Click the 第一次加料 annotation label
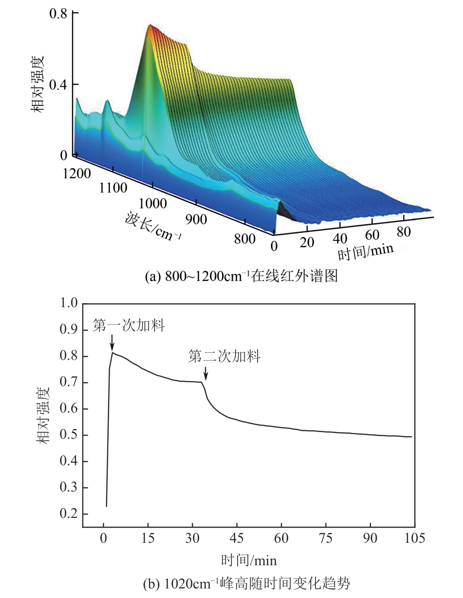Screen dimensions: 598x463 [x=129, y=325]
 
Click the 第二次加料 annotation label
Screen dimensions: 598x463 [x=224, y=357]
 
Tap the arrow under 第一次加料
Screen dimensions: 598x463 [x=112, y=343]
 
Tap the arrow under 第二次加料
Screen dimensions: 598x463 [x=206, y=374]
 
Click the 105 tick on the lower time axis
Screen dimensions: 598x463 [x=414, y=539]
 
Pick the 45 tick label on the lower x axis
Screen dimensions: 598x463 [x=237, y=539]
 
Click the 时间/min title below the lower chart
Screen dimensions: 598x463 [x=249, y=560]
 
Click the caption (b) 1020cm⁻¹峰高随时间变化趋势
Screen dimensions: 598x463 [x=247, y=583]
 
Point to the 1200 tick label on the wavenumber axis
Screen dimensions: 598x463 [x=76, y=173]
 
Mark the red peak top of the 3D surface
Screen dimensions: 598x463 [x=150, y=26]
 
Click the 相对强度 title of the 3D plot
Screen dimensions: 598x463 [x=38, y=85]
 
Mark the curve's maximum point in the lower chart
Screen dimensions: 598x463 [x=113, y=353]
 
